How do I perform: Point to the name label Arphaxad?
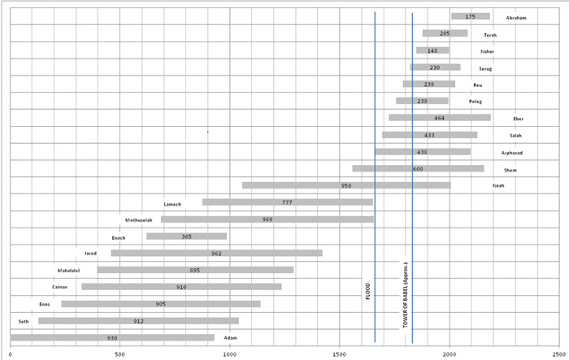point(515,152)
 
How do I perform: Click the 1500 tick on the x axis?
point(341,354)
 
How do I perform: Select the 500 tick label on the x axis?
point(119,354)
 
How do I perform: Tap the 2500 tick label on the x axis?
point(559,354)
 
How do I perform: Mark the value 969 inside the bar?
point(267,219)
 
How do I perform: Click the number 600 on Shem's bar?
point(418,169)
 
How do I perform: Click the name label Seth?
point(24,321)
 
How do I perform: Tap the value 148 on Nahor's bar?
point(432,50)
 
